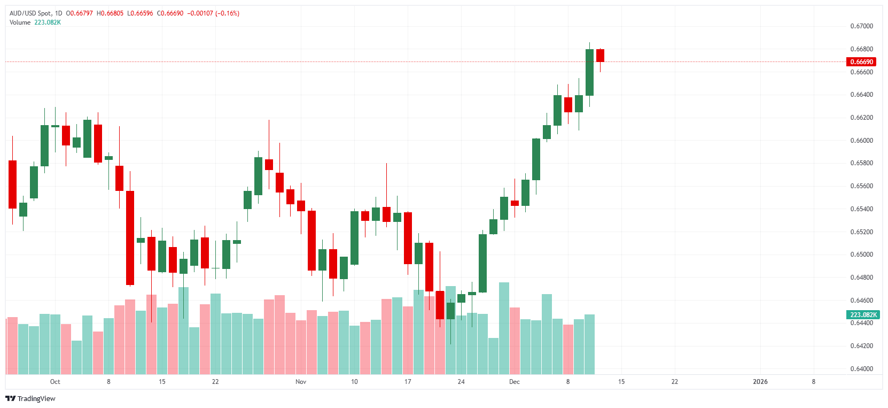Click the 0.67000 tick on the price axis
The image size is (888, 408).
861,26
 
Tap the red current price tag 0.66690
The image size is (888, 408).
861,62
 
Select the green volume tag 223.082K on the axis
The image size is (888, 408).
863,315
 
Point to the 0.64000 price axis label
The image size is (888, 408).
861,369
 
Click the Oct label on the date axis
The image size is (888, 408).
55,382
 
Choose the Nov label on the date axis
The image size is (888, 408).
301,382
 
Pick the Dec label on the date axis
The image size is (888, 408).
514,382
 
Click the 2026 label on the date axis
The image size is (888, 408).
760,382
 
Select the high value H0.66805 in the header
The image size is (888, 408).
110,13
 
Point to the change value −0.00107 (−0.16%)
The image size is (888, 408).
213,13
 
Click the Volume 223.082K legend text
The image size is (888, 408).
35,22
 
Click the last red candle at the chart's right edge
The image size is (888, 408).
600,56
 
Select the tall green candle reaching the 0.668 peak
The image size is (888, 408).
589,72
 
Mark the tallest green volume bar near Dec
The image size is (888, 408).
504,328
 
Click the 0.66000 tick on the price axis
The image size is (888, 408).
861,141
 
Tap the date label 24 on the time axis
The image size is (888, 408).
461,382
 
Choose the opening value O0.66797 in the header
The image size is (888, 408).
80,13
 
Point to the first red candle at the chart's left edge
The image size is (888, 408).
12,184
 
